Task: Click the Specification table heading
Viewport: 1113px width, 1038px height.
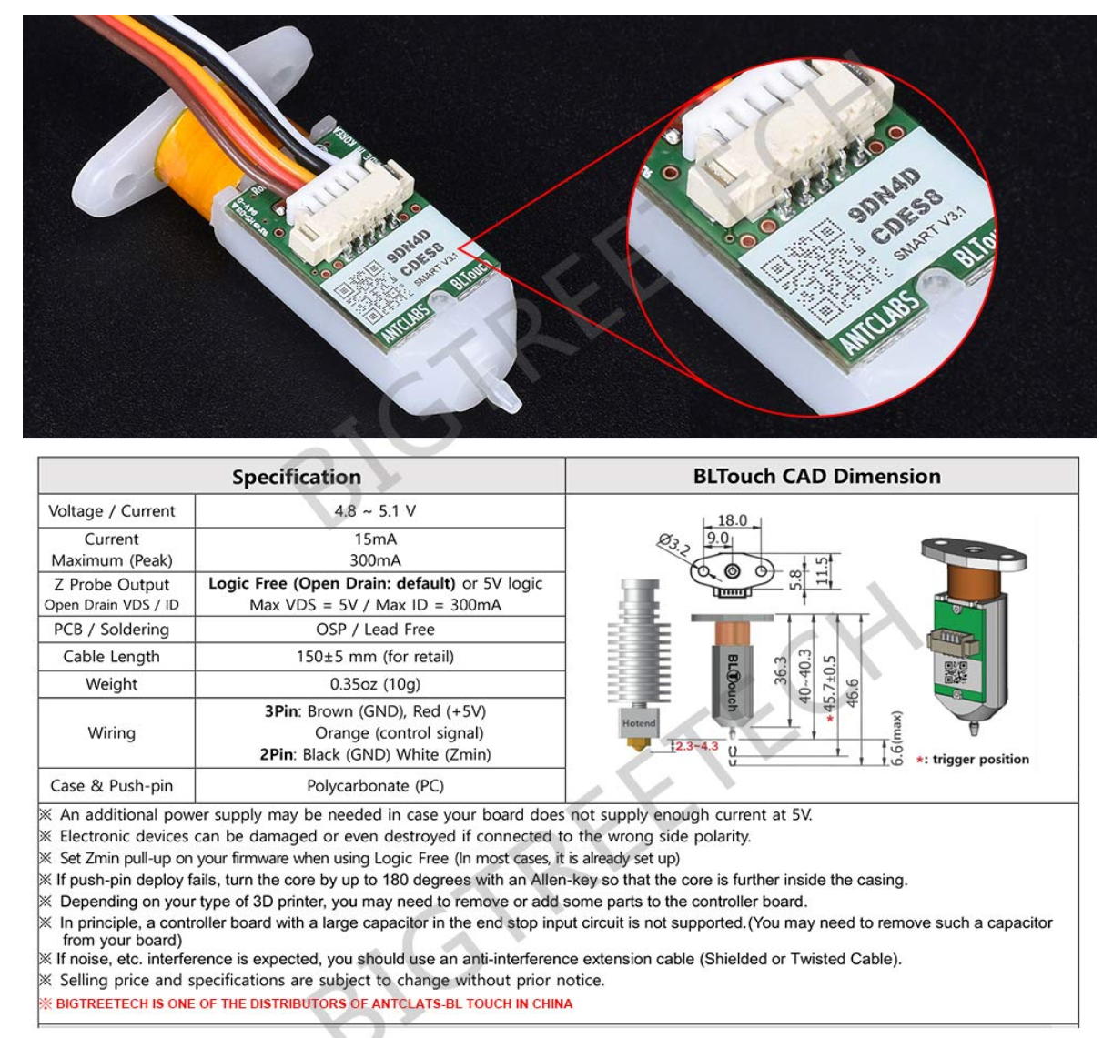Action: pyautogui.click(x=296, y=477)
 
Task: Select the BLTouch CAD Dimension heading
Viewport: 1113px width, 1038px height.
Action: pyautogui.click(x=816, y=476)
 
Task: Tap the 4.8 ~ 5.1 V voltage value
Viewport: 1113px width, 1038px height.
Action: pyautogui.click(x=375, y=510)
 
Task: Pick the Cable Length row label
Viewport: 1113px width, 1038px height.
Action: pyautogui.click(x=111, y=656)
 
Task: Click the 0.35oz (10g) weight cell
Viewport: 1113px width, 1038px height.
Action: pyautogui.click(x=375, y=683)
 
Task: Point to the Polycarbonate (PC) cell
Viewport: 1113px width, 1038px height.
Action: pyautogui.click(x=375, y=785)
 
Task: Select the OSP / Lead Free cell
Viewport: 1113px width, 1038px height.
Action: pyautogui.click(x=375, y=629)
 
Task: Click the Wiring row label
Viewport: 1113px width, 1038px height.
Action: pyautogui.click(x=111, y=732)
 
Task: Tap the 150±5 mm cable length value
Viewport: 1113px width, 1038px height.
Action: pyautogui.click(x=375, y=656)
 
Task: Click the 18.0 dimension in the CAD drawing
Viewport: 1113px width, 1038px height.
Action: pyautogui.click(x=732, y=520)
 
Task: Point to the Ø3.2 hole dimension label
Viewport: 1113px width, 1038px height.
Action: pyautogui.click(x=674, y=545)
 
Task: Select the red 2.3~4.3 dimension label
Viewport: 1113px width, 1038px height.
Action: pyautogui.click(x=695, y=746)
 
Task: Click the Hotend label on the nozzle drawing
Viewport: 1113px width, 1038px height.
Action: pyautogui.click(x=638, y=723)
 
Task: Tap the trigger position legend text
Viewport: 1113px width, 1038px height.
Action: pyautogui.click(x=979, y=759)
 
